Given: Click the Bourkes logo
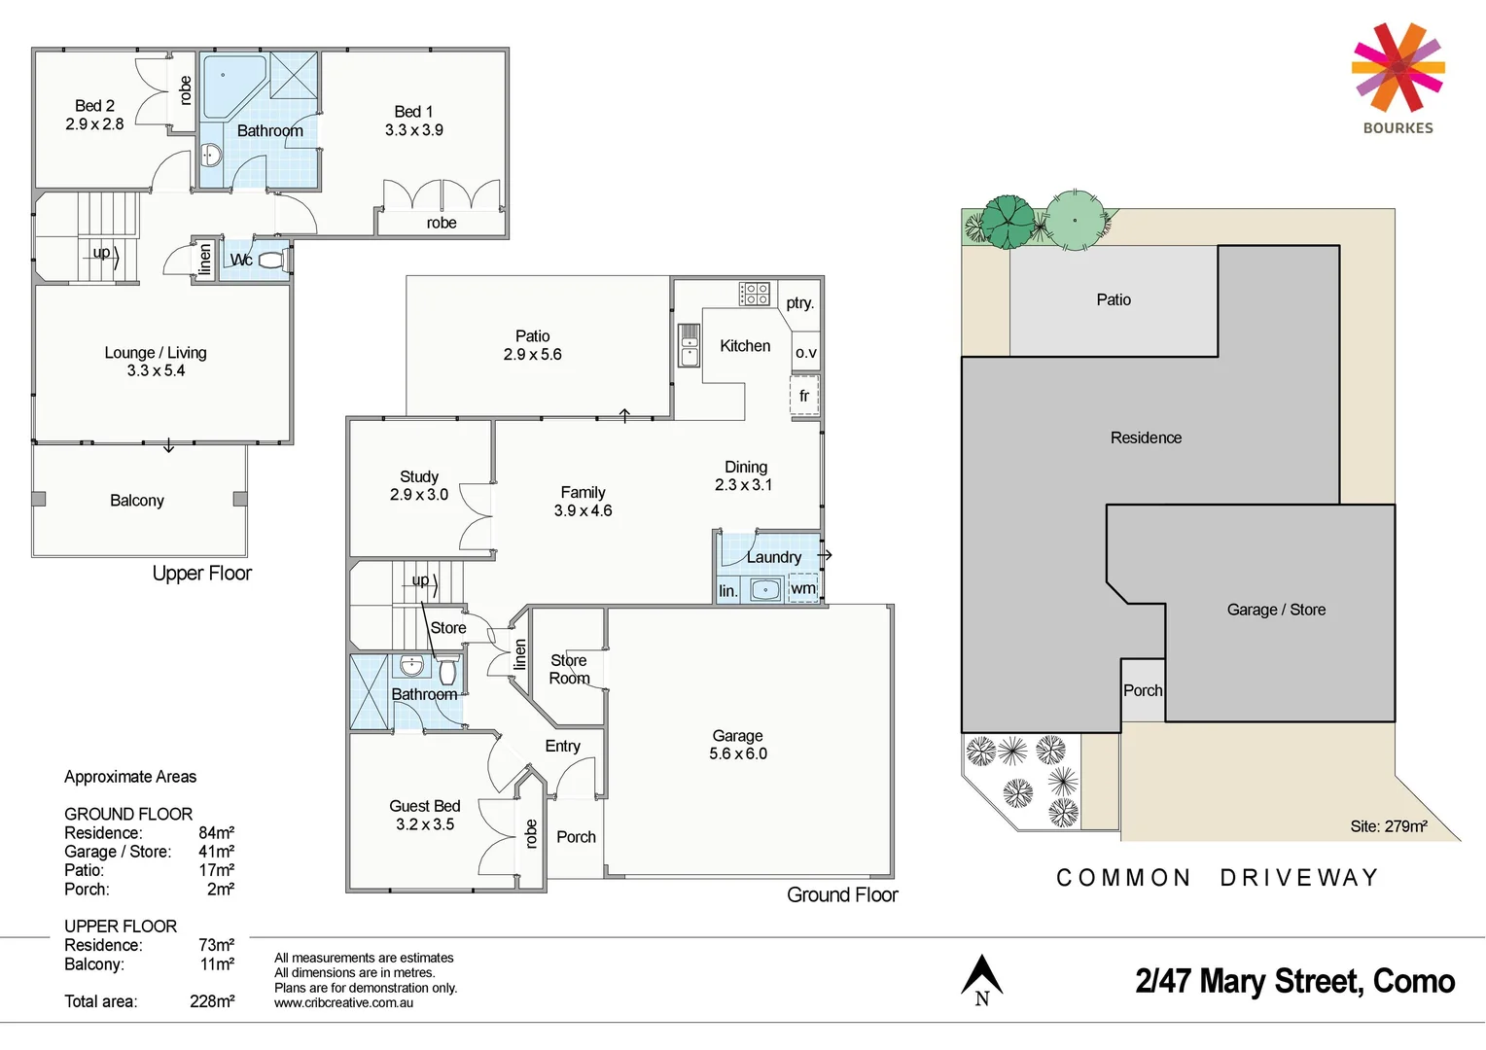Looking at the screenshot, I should point(1398,78).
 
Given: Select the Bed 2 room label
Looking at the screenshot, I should point(94,115).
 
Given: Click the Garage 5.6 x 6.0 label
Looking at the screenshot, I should point(738,745).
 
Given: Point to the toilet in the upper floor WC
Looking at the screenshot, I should point(269,260).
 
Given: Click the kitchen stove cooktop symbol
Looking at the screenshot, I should point(755,293).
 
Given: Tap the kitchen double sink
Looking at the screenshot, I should point(689,345).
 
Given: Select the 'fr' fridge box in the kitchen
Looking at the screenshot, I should point(804,396).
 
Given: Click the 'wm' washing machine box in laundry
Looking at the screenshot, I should point(803,588).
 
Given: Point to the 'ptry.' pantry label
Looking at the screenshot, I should point(799,303).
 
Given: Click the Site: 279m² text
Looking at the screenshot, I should point(1388,826).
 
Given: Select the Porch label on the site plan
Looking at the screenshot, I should point(1143,690).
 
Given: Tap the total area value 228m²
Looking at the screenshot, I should point(212,1001).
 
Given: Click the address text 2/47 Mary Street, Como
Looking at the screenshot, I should point(1294,981).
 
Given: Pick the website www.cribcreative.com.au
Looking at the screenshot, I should point(343,1003).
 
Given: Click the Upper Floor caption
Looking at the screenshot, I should point(202,574).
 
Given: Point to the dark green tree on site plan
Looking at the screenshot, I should point(1008,222).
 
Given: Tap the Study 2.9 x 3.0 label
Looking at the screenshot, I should point(419,485).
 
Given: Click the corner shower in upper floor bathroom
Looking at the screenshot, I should point(231,86).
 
